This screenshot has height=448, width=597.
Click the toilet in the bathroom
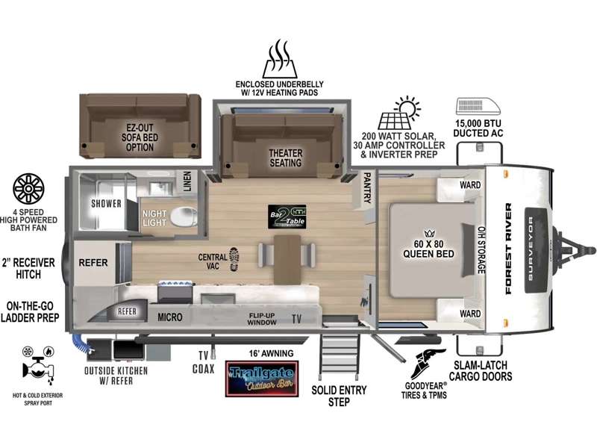pyautogui.click(x=183, y=217)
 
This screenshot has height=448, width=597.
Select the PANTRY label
pyautogui.click(x=367, y=188)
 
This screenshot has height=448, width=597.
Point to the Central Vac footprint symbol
pyautogui.click(x=234, y=258)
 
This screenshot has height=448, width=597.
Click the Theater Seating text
pyautogui.click(x=285, y=158)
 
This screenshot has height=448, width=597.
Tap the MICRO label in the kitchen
pyautogui.click(x=169, y=317)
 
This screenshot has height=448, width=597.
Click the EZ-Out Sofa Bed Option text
pyautogui.click(x=139, y=137)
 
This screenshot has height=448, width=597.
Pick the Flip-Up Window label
pyautogui.click(x=262, y=318)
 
